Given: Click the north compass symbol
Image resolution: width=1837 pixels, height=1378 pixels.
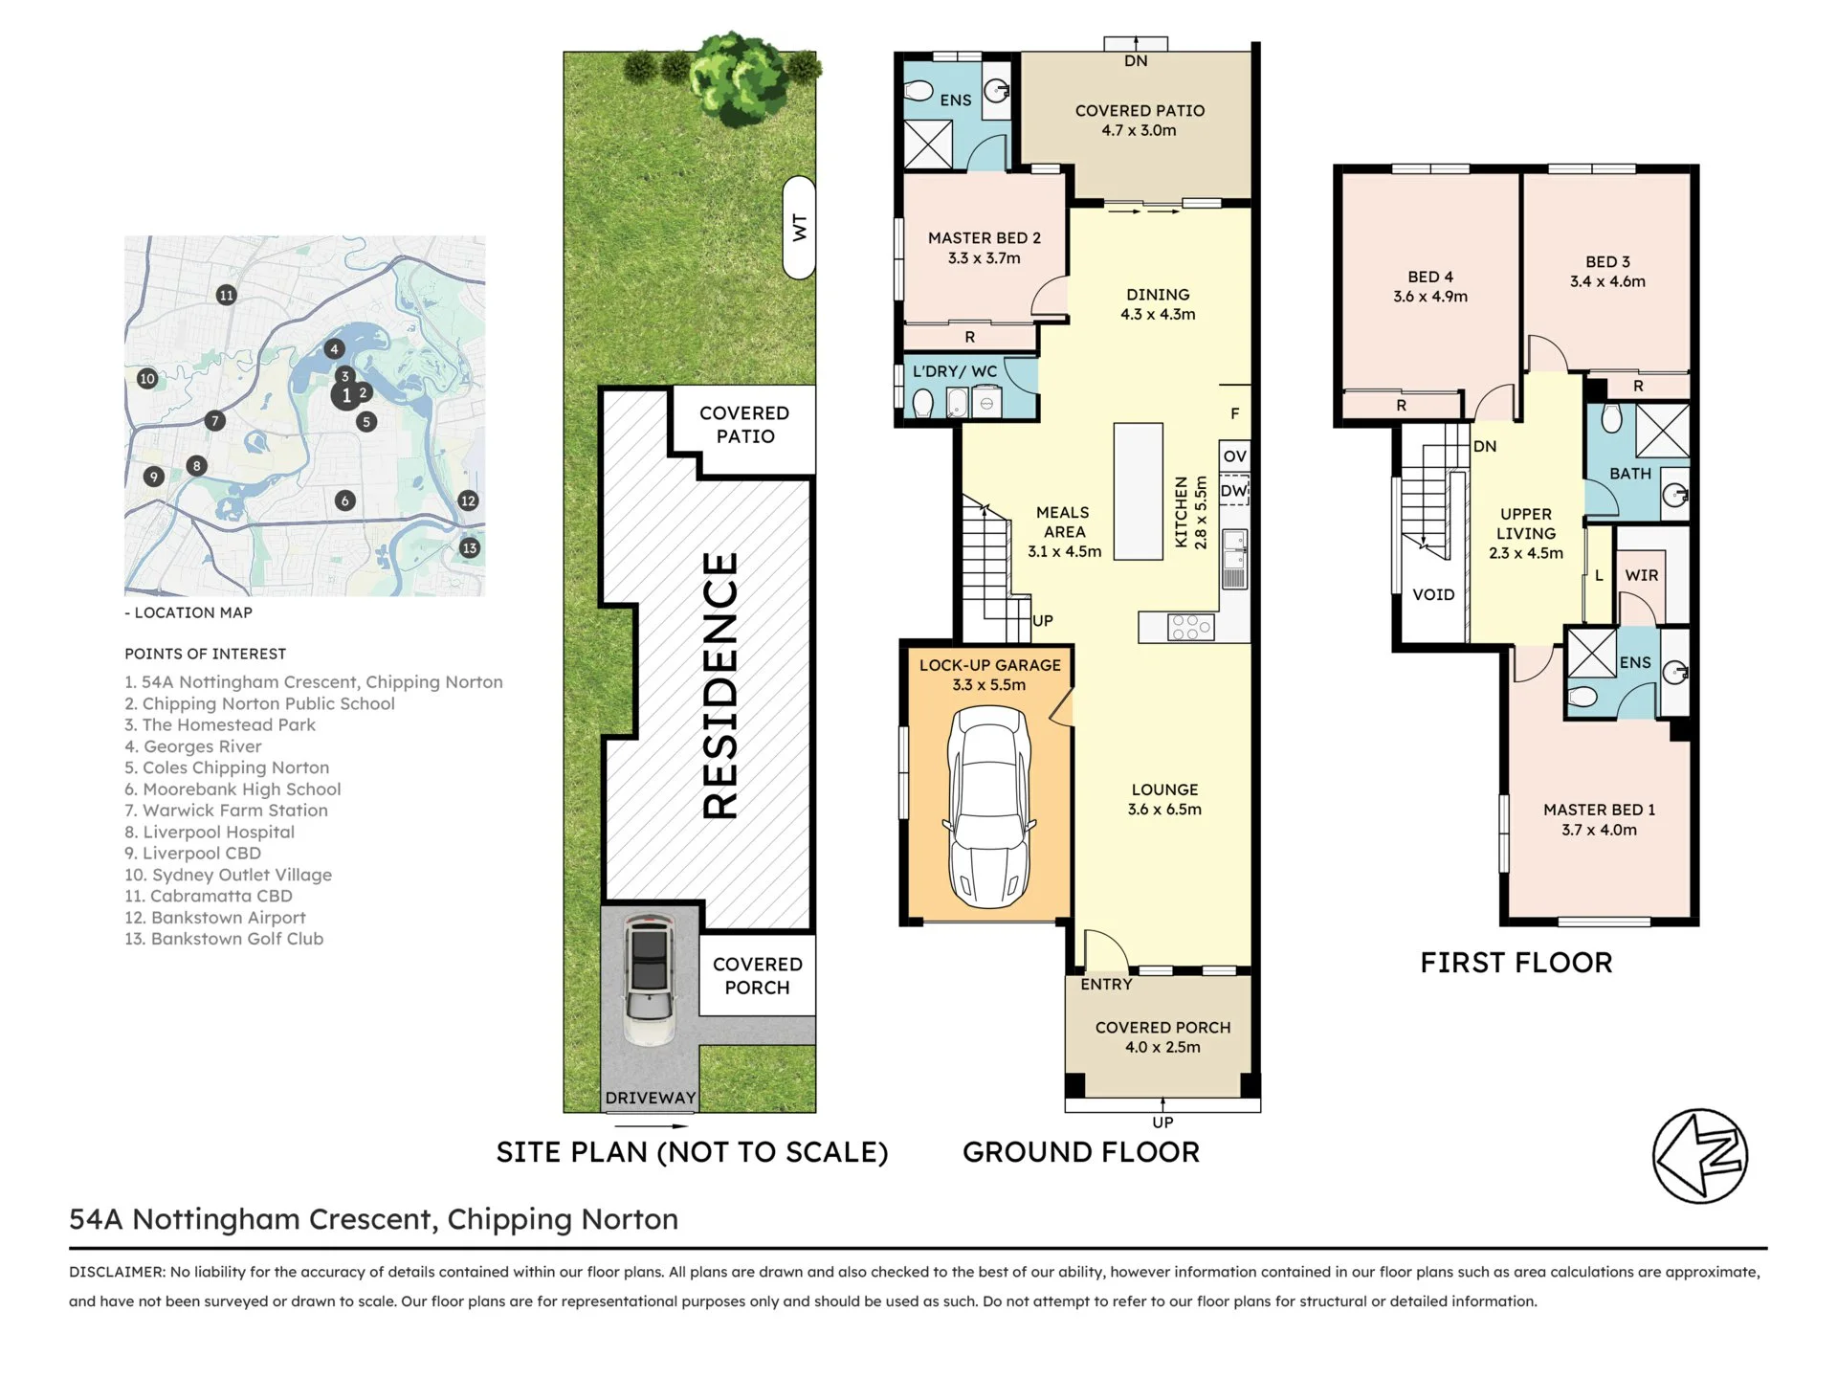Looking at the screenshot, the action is point(1700,1156).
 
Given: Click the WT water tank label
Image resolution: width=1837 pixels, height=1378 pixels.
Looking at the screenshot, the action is point(800,228).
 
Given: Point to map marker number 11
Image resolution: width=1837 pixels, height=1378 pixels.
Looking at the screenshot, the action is point(226,295).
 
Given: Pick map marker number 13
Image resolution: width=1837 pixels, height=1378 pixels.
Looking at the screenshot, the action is point(469,548).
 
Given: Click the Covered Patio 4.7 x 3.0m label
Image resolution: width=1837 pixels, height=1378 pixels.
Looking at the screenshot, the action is point(1140,121).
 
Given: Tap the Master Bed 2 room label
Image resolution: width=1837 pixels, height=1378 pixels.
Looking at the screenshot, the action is point(985,238).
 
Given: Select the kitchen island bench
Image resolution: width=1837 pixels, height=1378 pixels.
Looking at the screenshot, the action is point(1139,491).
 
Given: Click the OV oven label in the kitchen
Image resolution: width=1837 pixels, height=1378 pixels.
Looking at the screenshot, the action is point(1234,456).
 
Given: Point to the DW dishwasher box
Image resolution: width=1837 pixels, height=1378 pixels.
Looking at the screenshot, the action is point(1234,490).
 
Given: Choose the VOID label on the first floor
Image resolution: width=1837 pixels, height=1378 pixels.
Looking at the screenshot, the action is point(1433,594).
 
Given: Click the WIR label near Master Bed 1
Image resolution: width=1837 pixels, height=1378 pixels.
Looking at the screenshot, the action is point(1642,575).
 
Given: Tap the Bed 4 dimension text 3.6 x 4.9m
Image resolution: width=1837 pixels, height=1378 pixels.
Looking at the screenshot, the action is point(1430,297).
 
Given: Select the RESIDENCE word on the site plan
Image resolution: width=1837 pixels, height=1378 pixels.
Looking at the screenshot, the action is point(720,685).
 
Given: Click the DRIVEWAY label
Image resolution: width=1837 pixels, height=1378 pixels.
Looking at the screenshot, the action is point(651,1098).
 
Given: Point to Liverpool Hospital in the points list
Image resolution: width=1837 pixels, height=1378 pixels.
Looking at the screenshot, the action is point(210,832).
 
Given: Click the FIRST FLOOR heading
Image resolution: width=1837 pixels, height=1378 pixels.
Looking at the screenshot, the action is point(1516,963).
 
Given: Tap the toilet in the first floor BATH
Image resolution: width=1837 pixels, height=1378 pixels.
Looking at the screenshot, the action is point(1611,418).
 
